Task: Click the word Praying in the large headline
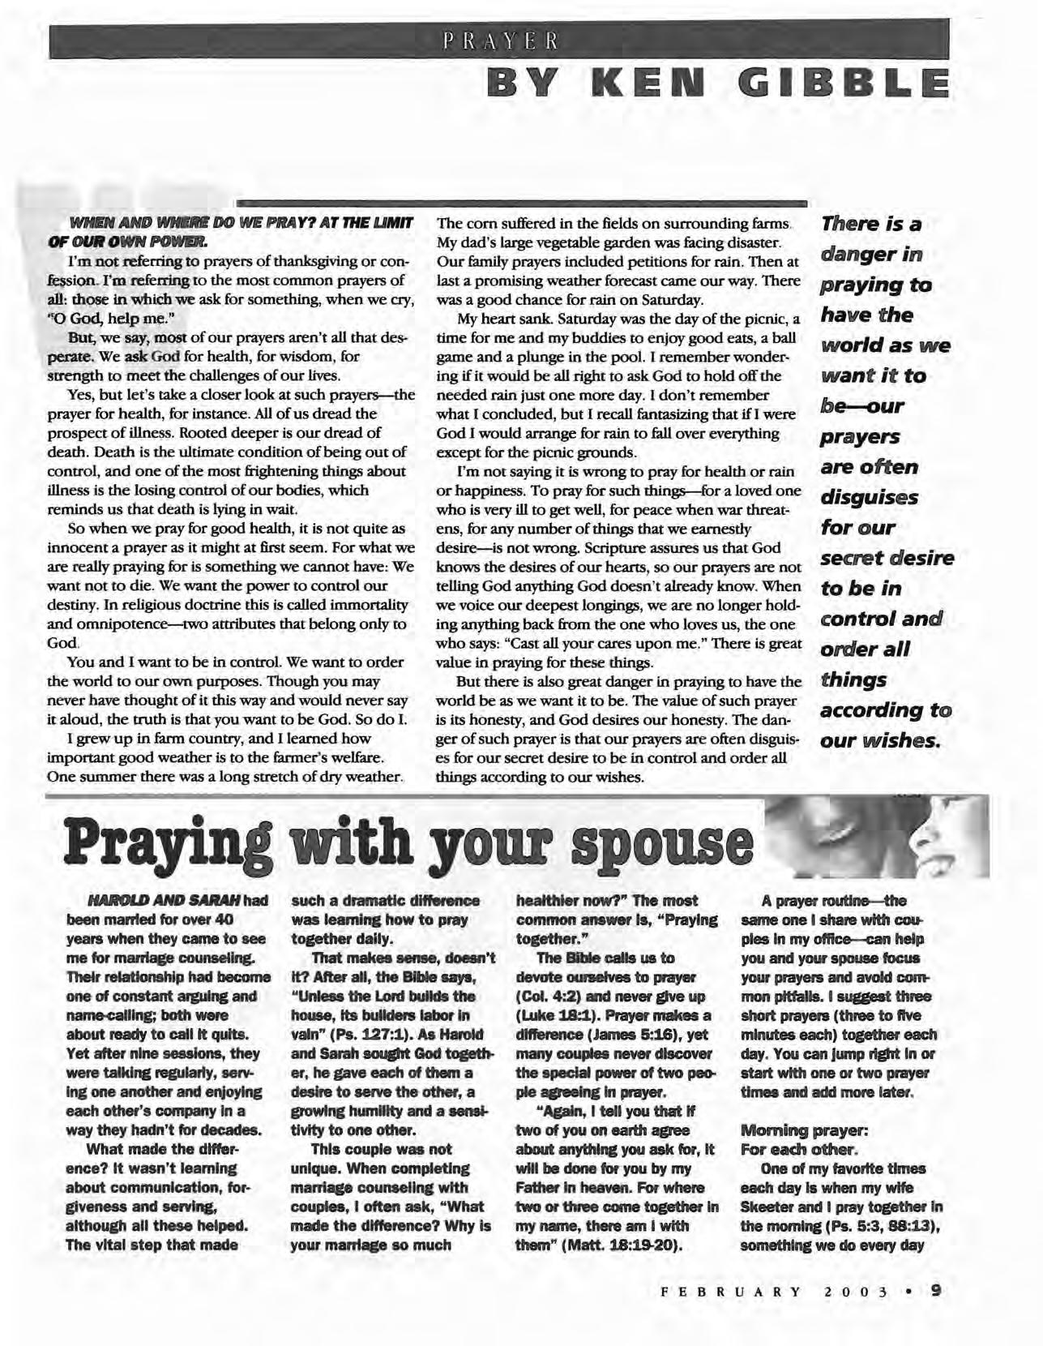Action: pos(176,846)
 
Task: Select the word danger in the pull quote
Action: pos(871,255)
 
